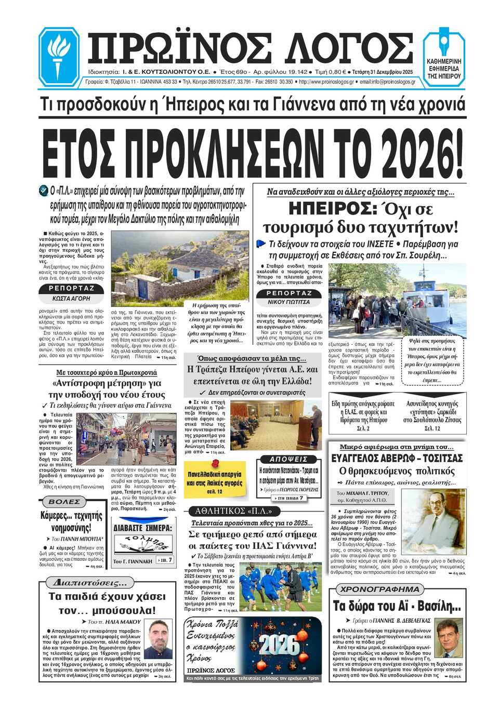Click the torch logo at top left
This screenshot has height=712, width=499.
coord(59,56)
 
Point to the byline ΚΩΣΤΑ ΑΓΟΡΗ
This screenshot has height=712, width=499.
coord(71,299)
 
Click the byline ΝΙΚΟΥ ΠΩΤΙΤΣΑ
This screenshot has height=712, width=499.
coord(288,302)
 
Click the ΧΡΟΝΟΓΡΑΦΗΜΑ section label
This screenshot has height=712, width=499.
coord(379,589)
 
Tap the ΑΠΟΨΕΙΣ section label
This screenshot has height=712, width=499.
coord(289,459)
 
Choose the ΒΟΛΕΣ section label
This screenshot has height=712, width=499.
coord(64,502)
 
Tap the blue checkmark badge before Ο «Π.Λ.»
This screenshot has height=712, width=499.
coord(44,191)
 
